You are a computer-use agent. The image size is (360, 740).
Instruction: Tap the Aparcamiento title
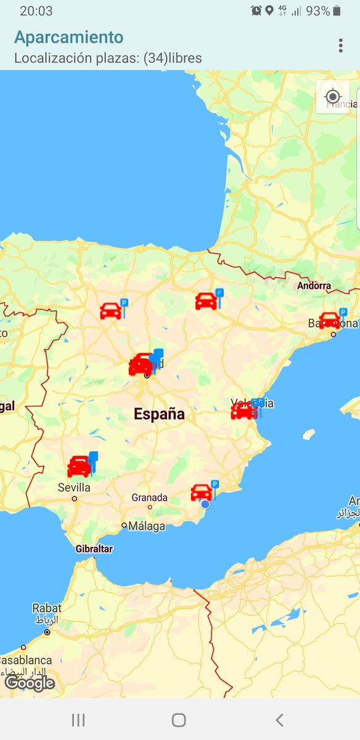coord(69,37)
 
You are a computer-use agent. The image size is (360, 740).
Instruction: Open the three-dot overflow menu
coord(340,46)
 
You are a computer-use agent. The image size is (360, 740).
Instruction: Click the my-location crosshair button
coord(333,97)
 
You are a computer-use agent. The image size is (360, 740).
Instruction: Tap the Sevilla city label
coord(75,488)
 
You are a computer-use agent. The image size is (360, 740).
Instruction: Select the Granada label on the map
coord(149,498)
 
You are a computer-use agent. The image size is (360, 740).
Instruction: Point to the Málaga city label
coord(147,526)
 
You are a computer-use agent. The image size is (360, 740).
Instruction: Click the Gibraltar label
coord(94,549)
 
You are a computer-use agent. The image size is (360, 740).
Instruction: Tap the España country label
coord(159,414)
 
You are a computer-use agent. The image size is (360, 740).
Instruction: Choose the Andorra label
coord(314,286)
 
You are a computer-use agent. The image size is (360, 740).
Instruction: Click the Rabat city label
coord(47,609)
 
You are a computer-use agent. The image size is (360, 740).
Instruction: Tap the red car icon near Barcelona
coord(329,320)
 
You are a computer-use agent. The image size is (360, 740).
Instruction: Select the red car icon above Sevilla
coord(79,466)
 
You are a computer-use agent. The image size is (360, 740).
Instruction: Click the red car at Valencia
coord(243,411)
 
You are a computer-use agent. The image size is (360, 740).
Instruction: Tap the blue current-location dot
coord(205,504)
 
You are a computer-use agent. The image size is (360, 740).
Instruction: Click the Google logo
coord(30,683)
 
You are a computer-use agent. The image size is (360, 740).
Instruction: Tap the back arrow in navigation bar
coord(279,720)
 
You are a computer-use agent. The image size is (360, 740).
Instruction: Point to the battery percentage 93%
coord(317,11)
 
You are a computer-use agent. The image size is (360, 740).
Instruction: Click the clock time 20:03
coord(36,11)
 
